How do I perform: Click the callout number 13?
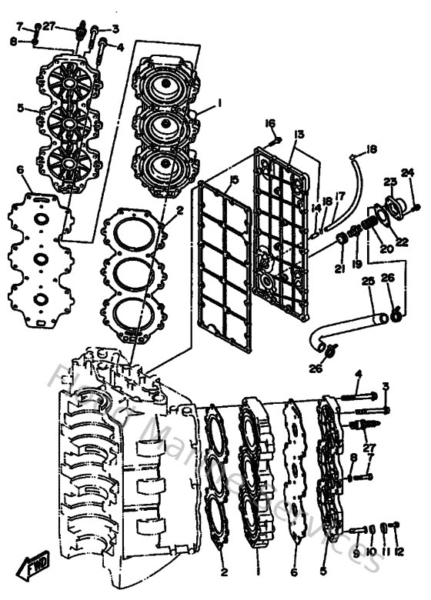click(x=299, y=134)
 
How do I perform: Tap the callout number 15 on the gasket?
click(x=234, y=180)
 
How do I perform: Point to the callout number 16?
click(x=270, y=123)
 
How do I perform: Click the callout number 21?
click(x=339, y=268)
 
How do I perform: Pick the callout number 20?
click(x=386, y=248)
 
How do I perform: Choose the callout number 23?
click(x=389, y=182)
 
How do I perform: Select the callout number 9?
click(x=356, y=552)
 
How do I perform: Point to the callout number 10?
click(x=370, y=552)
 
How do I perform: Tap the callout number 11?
click(x=384, y=552)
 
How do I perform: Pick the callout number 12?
click(x=399, y=552)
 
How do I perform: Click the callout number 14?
click(x=316, y=208)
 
